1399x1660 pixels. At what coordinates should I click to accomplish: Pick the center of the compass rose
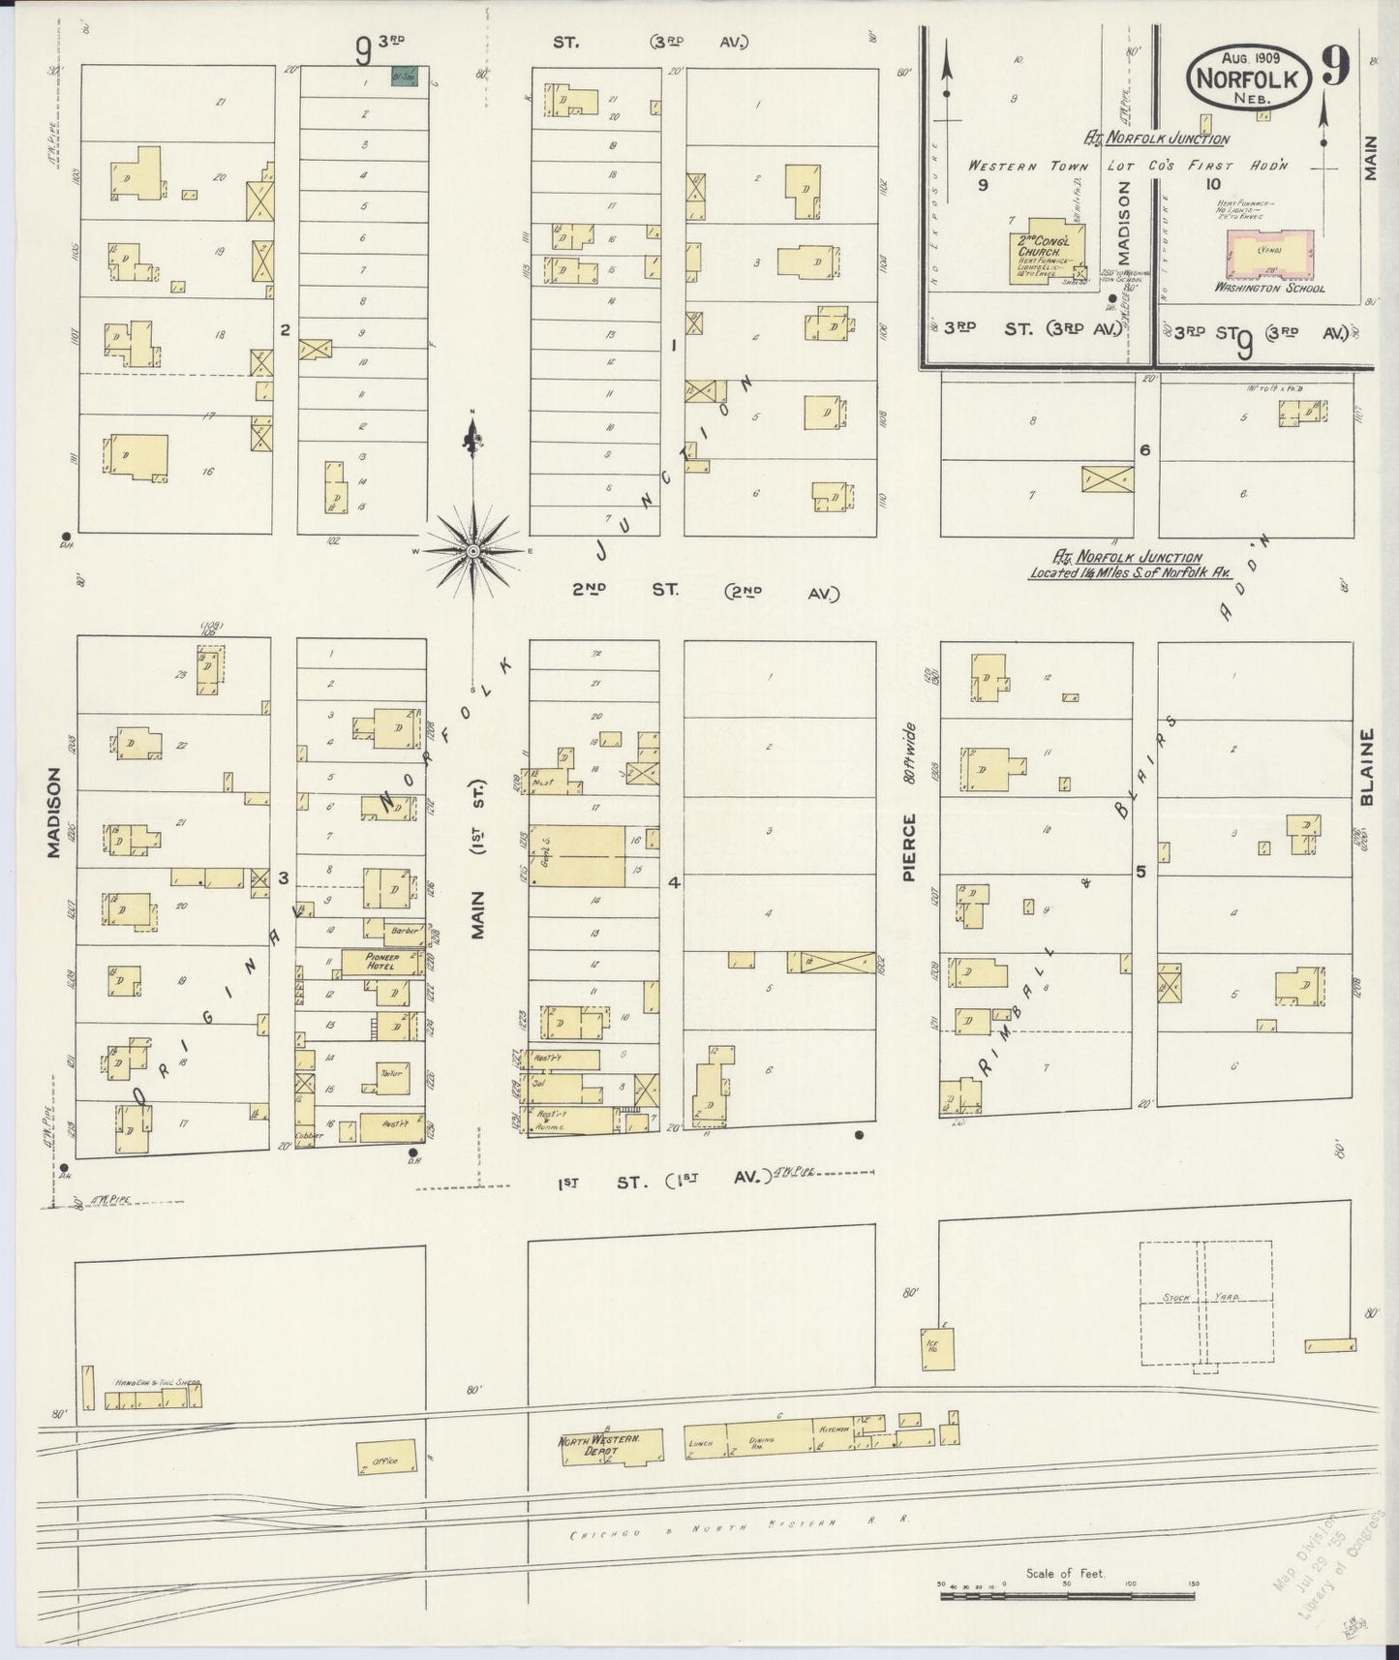pos(473,551)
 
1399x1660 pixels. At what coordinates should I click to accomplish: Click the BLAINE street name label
pos(1366,767)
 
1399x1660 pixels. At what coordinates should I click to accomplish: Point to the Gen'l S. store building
pos(576,856)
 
